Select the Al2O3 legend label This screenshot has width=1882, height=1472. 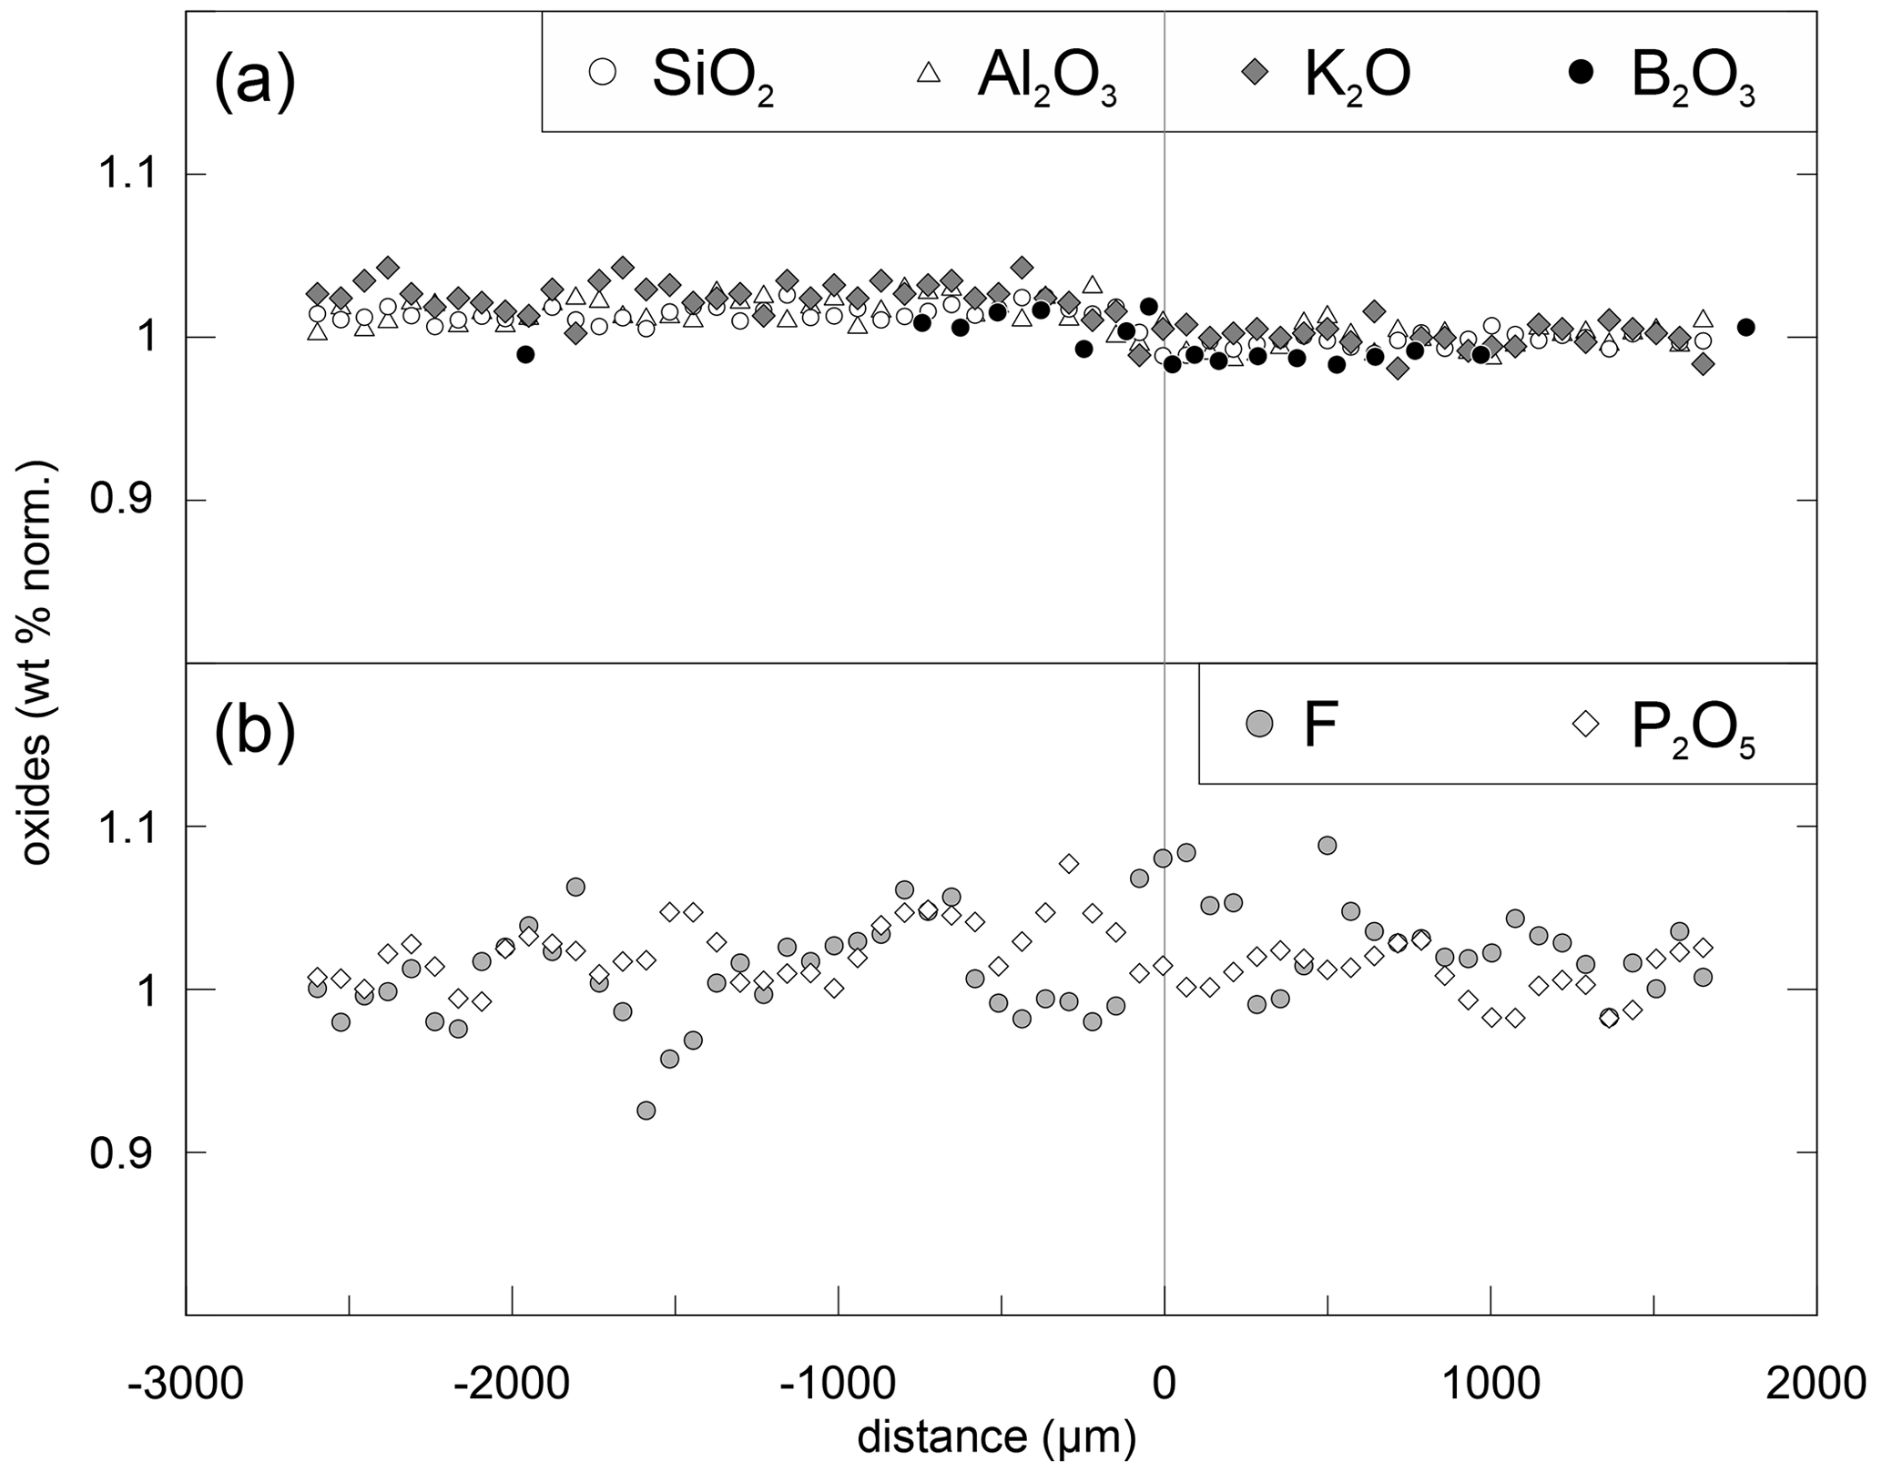coord(1046,76)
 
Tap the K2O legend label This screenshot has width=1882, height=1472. coord(1357,76)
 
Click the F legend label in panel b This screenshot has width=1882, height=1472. coord(1320,726)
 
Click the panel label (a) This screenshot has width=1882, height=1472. coord(255,79)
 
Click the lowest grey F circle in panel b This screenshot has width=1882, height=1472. coord(646,1111)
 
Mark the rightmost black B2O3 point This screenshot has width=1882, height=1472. coord(1746,327)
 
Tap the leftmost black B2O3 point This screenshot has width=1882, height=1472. coord(524,354)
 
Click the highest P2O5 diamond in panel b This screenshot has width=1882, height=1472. coord(1069,863)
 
